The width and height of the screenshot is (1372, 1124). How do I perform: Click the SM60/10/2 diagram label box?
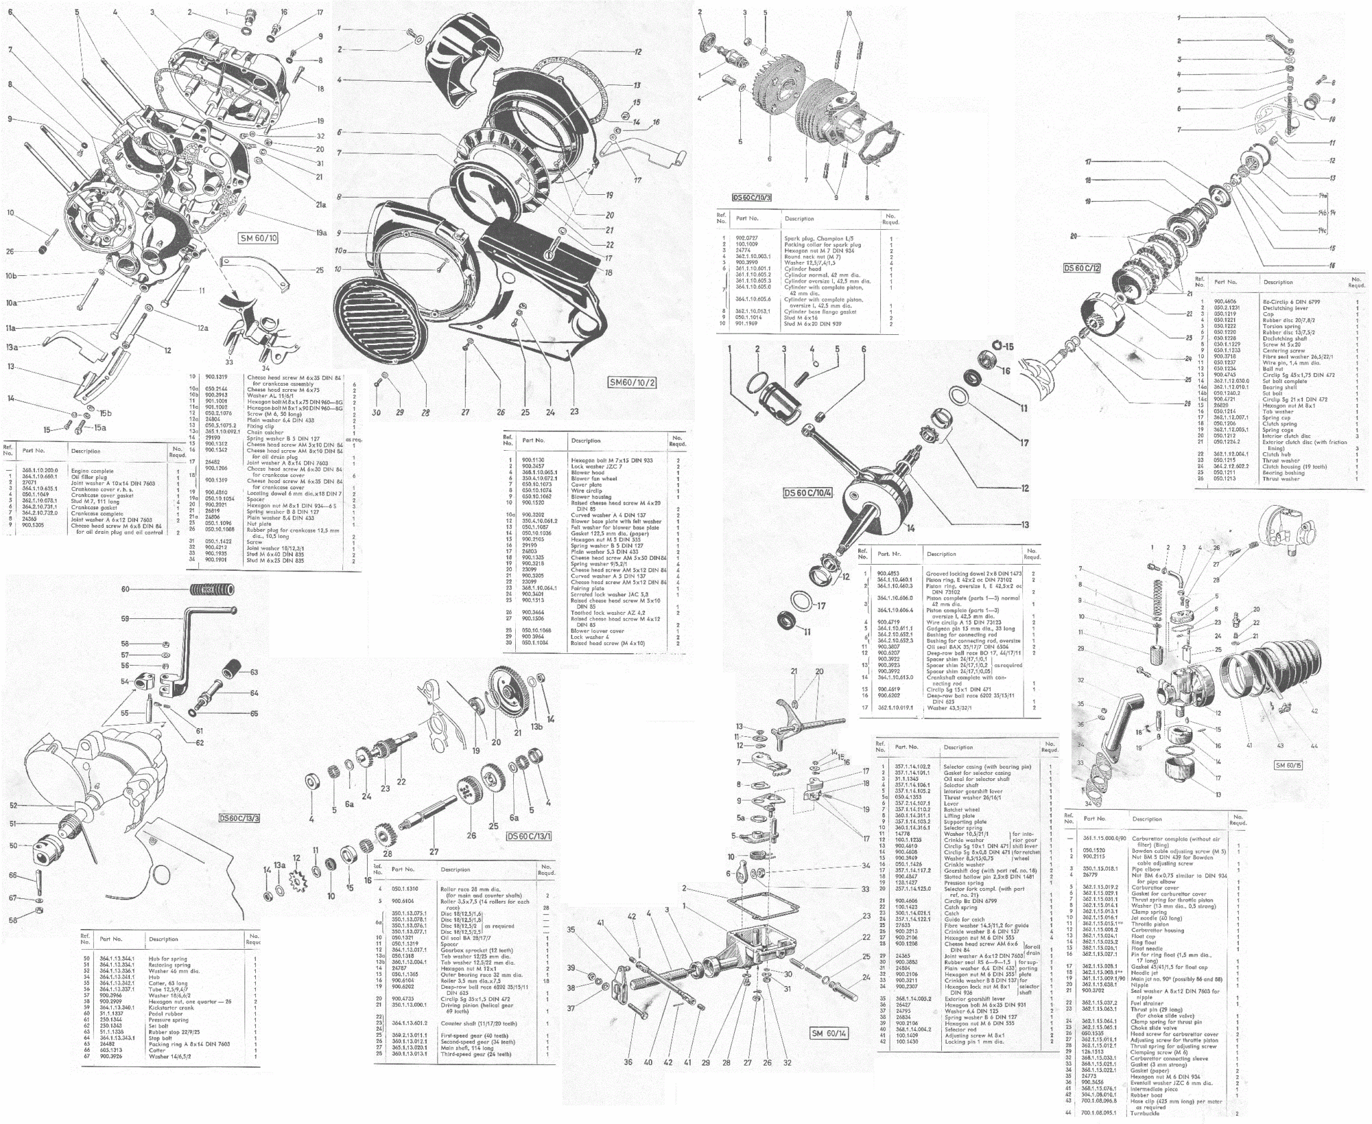point(633,382)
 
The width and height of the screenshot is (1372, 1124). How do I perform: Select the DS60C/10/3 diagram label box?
point(752,198)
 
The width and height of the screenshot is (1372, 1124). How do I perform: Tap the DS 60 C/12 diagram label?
point(1082,268)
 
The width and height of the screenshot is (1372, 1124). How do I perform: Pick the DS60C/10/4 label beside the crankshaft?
point(807,493)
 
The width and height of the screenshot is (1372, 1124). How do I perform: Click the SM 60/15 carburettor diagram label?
point(1288,764)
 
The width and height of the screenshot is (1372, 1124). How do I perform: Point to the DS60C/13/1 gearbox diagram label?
point(529,837)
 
